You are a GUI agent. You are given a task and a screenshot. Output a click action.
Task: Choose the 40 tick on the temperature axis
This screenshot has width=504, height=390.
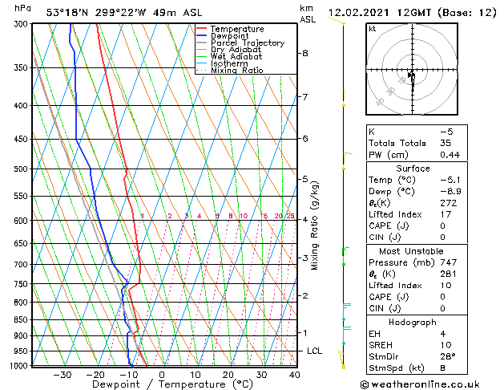click(x=294, y=375)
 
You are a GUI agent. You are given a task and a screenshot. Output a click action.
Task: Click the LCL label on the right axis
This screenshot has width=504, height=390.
click(x=315, y=351)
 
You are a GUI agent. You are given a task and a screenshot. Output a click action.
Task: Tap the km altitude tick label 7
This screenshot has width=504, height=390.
click(x=305, y=98)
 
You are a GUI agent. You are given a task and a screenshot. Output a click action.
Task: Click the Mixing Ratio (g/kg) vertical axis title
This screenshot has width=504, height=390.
click(x=315, y=225)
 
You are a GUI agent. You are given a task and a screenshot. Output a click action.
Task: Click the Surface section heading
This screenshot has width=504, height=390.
click(x=413, y=169)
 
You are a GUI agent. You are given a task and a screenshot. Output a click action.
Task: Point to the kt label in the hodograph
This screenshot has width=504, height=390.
click(x=372, y=28)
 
